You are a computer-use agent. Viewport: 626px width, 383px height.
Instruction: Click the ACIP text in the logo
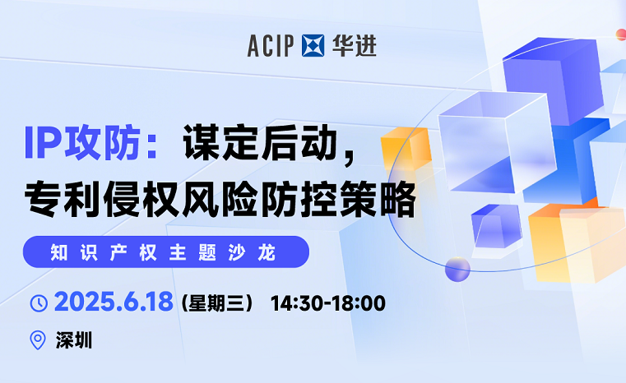pos(273,46)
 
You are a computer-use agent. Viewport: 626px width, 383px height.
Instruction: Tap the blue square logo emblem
pos(314,46)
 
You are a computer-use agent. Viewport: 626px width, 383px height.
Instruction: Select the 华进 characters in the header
pos(355,46)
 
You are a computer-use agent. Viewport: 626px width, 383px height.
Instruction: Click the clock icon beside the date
pos(39,302)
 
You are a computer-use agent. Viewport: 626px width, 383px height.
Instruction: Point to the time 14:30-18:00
pos(327,302)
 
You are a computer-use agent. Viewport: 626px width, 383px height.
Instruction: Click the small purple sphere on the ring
pos(457,268)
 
